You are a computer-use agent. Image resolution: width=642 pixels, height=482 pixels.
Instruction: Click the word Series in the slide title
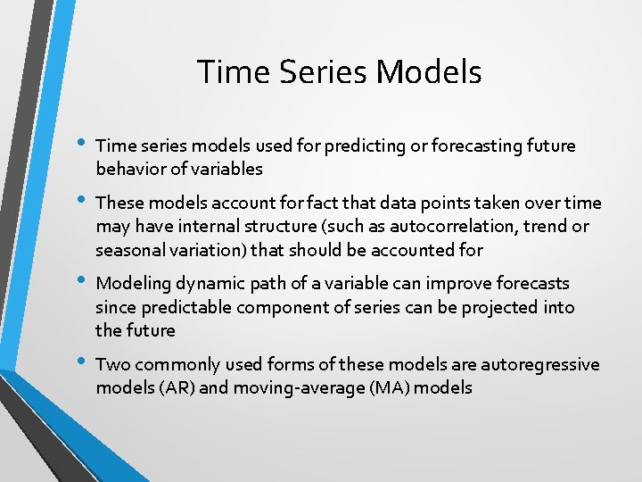point(317,72)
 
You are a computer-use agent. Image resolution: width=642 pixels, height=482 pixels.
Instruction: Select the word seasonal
point(128,250)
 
